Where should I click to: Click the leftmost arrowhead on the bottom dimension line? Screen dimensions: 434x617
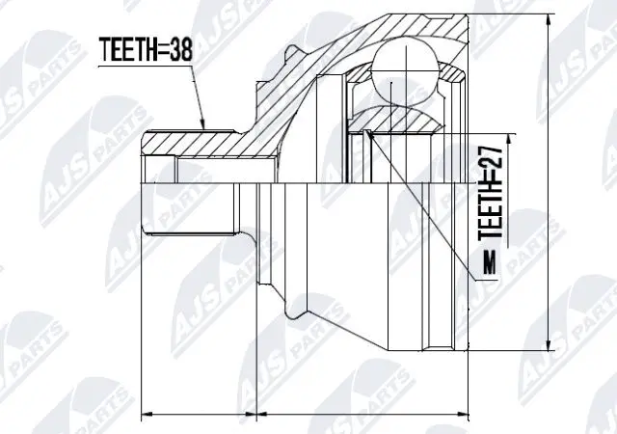tap(146, 416)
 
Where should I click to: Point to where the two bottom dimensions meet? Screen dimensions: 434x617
tap(256, 416)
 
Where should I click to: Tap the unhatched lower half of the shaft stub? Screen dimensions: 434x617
tap(193, 207)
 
